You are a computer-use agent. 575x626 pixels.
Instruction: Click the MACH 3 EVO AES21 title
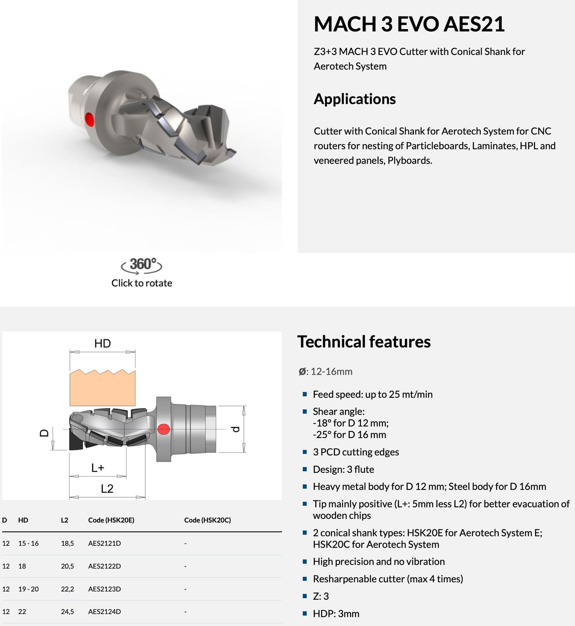pyautogui.click(x=409, y=24)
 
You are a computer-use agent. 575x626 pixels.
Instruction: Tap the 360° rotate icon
pyautogui.click(x=141, y=265)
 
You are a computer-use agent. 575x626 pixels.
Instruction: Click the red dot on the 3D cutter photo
pyautogui.click(x=89, y=119)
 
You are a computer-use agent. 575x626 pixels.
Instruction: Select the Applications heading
pyautogui.click(x=355, y=99)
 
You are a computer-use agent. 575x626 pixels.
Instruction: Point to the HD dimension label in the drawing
pyautogui.click(x=102, y=343)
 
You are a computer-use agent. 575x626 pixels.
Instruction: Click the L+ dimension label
pyautogui.click(x=98, y=468)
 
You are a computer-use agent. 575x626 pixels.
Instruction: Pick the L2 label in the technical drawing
pyautogui.click(x=107, y=489)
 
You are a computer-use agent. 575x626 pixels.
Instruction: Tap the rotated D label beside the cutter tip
pyautogui.click(x=44, y=433)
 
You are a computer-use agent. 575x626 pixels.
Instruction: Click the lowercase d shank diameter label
pyautogui.click(x=235, y=429)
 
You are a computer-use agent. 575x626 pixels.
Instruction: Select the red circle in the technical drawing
pyautogui.click(x=164, y=429)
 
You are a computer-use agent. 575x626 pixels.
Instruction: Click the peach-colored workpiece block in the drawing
pyautogui.click(x=102, y=388)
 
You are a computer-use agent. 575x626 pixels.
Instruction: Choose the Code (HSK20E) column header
pyautogui.click(x=111, y=520)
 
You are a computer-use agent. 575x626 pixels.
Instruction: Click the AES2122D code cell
pyautogui.click(x=104, y=566)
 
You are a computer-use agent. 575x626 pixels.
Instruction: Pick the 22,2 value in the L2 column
pyautogui.click(x=67, y=589)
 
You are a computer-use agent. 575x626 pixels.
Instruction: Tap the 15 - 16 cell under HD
pyautogui.click(x=28, y=543)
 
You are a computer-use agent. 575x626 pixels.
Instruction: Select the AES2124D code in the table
pyautogui.click(x=104, y=612)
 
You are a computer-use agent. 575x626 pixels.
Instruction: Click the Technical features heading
pyautogui.click(x=364, y=342)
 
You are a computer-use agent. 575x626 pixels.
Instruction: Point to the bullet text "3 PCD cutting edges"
pyautogui.click(x=356, y=452)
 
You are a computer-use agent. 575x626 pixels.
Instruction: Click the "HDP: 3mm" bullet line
pyautogui.click(x=336, y=613)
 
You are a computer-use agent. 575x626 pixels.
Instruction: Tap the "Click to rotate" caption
pyautogui.click(x=141, y=283)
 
